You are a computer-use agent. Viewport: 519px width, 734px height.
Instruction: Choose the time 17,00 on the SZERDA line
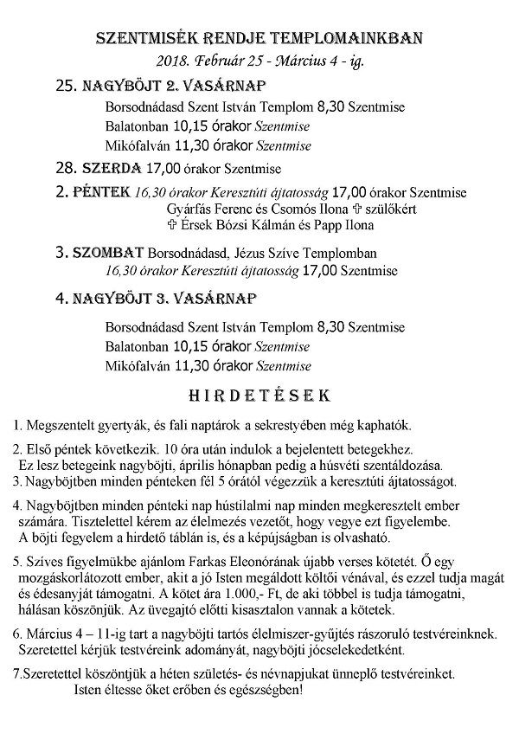(x=164, y=167)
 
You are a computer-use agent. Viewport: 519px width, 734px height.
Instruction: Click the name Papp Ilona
(x=343, y=225)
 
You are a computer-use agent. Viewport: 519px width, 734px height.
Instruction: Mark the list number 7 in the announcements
(x=18, y=673)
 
